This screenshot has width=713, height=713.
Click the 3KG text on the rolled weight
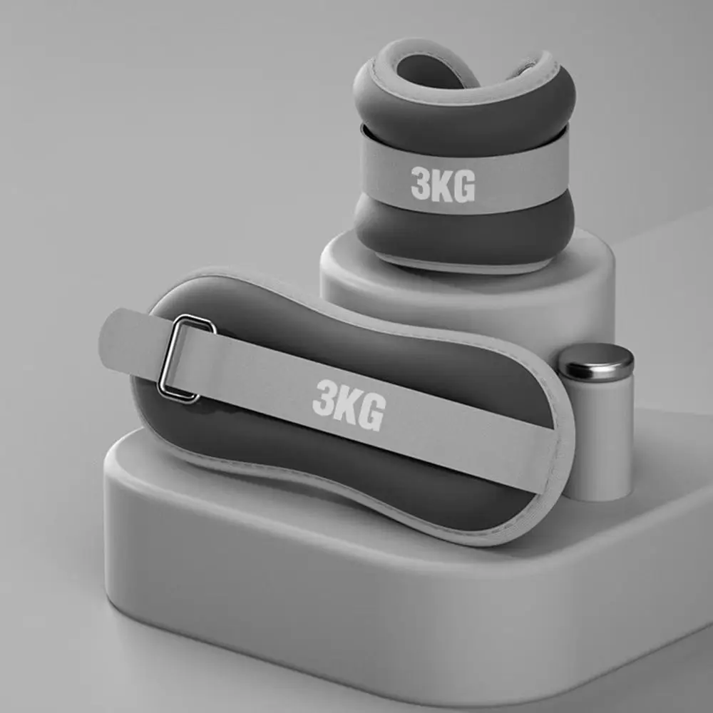[x=443, y=185]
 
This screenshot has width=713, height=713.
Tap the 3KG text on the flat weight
[x=349, y=405]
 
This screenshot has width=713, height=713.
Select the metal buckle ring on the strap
[x=185, y=359]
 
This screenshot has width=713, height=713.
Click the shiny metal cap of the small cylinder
[x=596, y=361]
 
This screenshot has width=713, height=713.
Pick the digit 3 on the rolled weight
[x=420, y=183]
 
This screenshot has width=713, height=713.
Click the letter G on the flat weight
[x=372, y=411]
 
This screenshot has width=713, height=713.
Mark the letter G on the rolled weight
[x=464, y=186]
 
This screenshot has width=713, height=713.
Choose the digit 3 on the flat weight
[x=323, y=397]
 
